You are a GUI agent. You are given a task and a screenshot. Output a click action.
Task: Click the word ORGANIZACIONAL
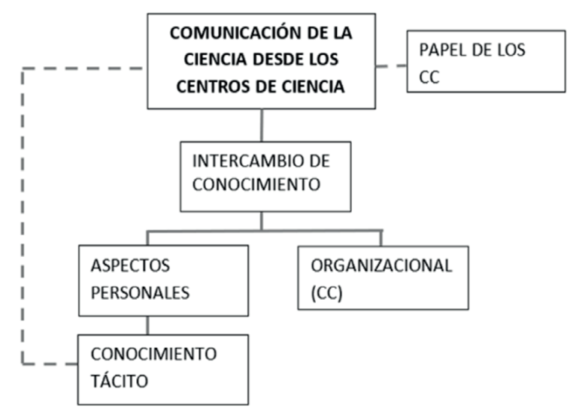point(381,265)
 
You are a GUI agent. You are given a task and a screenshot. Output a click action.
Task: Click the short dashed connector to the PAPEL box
point(391,66)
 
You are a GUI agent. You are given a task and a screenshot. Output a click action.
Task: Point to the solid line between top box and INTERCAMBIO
point(262,125)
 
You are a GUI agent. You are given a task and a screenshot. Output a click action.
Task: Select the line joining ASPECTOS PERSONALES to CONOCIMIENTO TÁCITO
point(147,325)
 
